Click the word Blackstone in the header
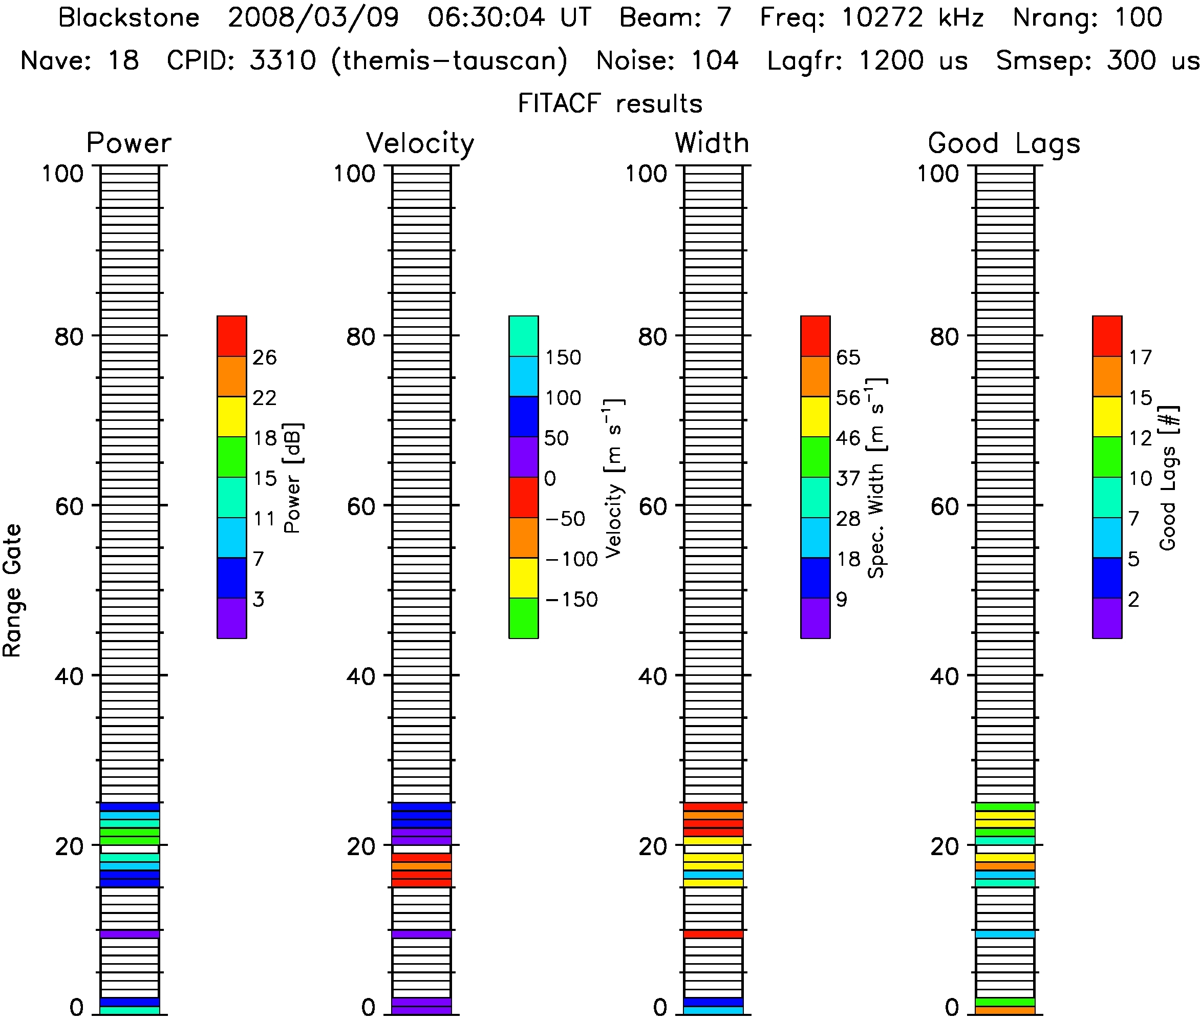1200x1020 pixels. click(x=128, y=18)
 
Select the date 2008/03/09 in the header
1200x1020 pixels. click(x=313, y=18)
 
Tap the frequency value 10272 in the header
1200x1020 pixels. click(x=882, y=18)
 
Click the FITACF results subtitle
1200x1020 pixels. click(x=610, y=104)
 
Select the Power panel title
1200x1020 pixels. click(x=129, y=143)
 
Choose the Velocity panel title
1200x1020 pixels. click(x=420, y=143)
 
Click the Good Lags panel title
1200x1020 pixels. click(x=1004, y=143)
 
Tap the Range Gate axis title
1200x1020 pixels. click(x=13, y=590)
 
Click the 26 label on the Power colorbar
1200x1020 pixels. click(x=265, y=358)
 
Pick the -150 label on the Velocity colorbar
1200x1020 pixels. click(x=571, y=600)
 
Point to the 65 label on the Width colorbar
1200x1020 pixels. click(x=848, y=358)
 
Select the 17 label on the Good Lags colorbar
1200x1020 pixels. click(x=1141, y=358)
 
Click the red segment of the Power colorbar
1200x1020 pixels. click(x=232, y=336)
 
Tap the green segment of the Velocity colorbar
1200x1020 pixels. click(x=523, y=618)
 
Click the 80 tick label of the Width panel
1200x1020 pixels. click(x=653, y=336)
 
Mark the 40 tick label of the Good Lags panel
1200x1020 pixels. click(x=945, y=676)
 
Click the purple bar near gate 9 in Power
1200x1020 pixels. click(x=130, y=934)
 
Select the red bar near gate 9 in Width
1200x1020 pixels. click(x=713, y=934)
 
